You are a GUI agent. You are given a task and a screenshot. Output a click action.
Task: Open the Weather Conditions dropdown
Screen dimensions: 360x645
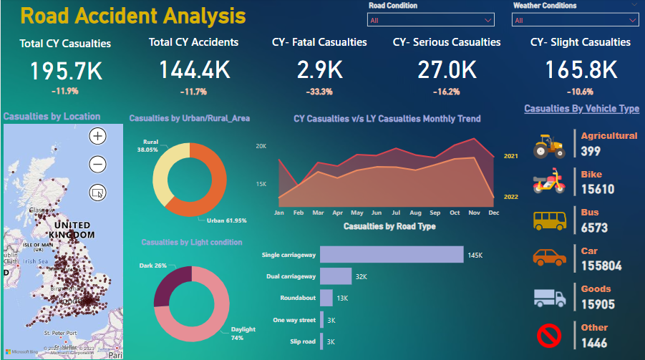click(x=574, y=20)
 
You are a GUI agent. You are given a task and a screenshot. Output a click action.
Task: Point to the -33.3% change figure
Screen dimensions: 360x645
click(x=319, y=92)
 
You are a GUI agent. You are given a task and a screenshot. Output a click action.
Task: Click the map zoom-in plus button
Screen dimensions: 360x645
click(x=98, y=135)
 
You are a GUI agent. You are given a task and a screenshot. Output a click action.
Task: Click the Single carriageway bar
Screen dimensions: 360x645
click(x=392, y=255)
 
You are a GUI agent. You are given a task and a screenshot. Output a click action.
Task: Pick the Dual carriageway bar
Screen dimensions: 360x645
click(x=336, y=276)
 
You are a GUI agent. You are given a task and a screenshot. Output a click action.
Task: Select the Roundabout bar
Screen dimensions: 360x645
click(x=326, y=298)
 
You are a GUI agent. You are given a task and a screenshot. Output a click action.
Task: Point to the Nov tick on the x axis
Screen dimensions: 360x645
click(x=473, y=213)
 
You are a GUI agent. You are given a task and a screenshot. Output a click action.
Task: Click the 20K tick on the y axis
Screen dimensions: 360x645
click(x=261, y=146)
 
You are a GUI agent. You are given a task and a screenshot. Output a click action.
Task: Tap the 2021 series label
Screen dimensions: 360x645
click(x=511, y=156)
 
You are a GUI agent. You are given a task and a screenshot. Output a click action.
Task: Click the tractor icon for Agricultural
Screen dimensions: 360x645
click(x=549, y=145)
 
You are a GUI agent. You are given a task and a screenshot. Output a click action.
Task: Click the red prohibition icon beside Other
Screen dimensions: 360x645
click(x=549, y=335)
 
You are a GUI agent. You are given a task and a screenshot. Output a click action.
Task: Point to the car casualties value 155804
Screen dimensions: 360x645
click(x=601, y=266)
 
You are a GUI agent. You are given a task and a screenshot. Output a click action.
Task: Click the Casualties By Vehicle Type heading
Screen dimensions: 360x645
click(x=581, y=109)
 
